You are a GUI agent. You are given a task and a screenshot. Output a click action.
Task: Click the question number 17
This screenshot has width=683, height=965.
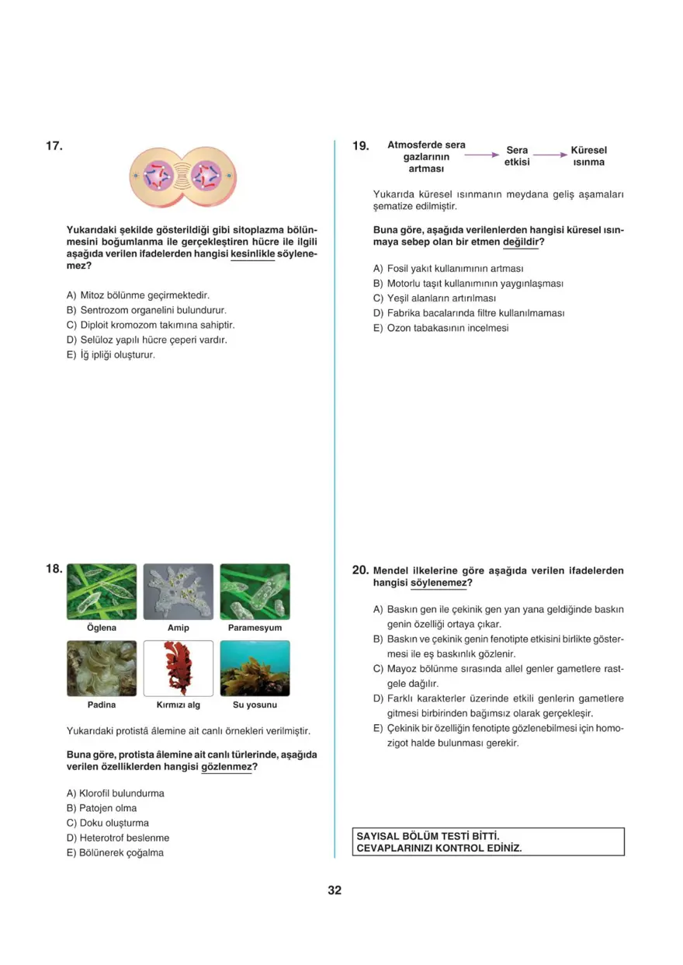pyautogui.click(x=54, y=145)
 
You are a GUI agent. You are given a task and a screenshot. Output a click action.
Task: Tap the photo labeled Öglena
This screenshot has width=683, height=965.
pyautogui.click(x=102, y=591)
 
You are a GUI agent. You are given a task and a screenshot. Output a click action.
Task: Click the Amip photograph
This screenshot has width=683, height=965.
pyautogui.click(x=178, y=591)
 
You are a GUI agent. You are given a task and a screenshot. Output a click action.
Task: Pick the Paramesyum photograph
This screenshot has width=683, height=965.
pyautogui.click(x=255, y=591)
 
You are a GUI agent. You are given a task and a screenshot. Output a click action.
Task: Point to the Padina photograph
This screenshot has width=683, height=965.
pyautogui.click(x=102, y=668)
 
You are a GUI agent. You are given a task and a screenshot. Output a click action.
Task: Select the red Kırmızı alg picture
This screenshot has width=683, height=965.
pyautogui.click(x=178, y=668)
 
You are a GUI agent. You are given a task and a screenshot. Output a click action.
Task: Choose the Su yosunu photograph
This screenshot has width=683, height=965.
pyautogui.click(x=255, y=668)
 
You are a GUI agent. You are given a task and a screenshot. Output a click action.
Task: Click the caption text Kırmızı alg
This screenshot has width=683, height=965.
pyautogui.click(x=178, y=705)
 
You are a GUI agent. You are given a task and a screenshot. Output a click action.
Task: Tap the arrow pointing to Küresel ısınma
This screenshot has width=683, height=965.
pyautogui.click(x=550, y=155)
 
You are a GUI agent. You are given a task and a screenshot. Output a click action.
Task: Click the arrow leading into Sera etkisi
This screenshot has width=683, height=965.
pyautogui.click(x=481, y=155)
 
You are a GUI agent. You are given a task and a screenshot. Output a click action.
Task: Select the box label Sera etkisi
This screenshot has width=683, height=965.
pyautogui.click(x=517, y=156)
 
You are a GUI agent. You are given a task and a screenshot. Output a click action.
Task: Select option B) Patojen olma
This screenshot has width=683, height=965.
pyautogui.click(x=102, y=808)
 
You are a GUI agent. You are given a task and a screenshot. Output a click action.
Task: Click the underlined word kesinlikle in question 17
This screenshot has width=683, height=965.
pyautogui.click(x=253, y=254)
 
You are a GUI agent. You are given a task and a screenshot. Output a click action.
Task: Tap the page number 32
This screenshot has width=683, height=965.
pyautogui.click(x=335, y=890)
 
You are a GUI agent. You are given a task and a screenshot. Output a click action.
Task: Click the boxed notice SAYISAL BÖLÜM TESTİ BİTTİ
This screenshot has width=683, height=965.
pyautogui.click(x=488, y=841)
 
